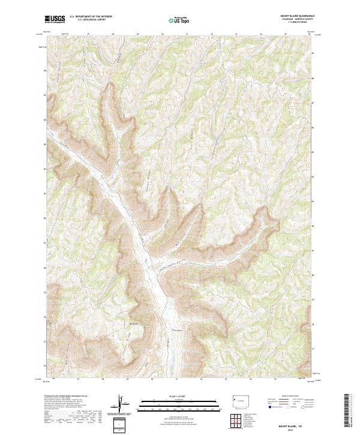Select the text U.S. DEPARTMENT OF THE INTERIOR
click(x=89, y=17)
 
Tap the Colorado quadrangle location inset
click(x=239, y=400)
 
